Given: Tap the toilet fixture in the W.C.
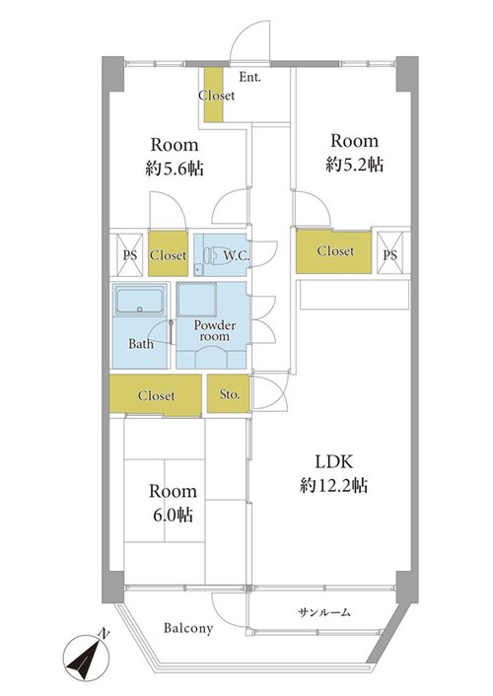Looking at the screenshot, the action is tap(210, 255).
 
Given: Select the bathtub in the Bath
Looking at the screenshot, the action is tap(139, 301).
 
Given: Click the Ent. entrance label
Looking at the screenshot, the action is tap(249, 77).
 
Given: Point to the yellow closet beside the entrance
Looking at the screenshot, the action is tap(214, 94).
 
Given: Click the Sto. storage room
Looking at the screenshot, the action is tap(229, 393).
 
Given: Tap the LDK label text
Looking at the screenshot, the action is tap(334, 462).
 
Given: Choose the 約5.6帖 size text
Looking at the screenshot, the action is tap(175, 169).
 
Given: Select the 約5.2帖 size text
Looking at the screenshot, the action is tap(354, 165).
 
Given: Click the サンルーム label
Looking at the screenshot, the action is tap(324, 613).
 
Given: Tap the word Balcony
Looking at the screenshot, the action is tap(188, 628).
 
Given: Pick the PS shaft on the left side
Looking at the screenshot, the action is tap(130, 254).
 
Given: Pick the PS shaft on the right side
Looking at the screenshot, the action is tap(390, 254).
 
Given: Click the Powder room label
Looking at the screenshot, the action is tap(215, 330).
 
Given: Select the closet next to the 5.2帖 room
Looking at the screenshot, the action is tap(334, 251).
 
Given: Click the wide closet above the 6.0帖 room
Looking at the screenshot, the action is tap(156, 395).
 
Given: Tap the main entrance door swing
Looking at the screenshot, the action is tap(250, 39).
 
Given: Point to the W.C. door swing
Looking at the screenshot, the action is tap(265, 254).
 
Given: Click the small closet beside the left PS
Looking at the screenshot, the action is tap(168, 254).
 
